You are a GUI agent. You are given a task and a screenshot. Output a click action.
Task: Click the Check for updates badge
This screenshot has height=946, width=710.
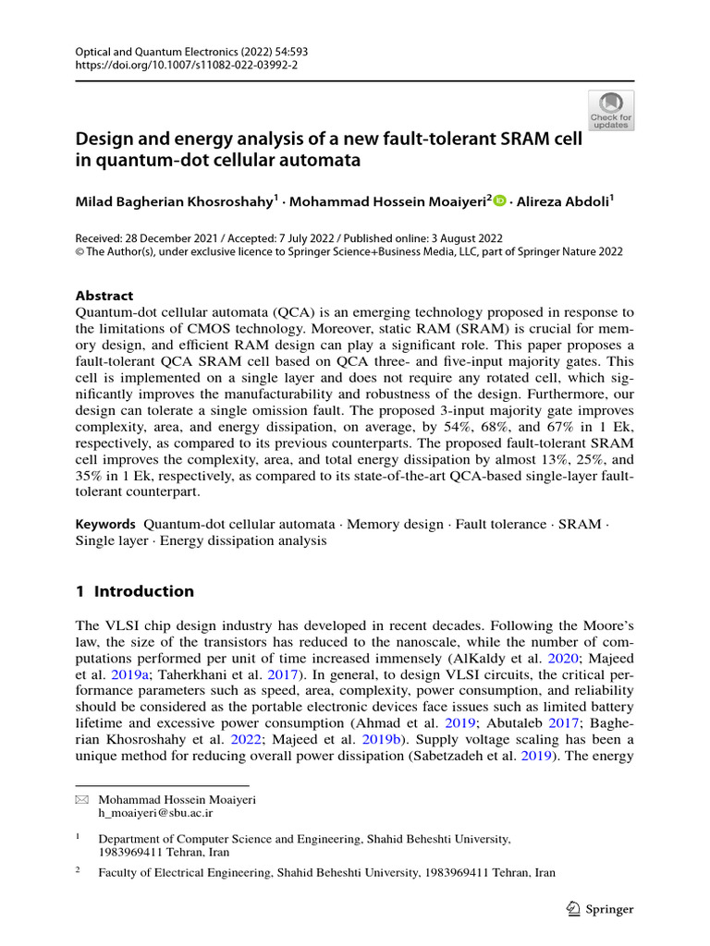pyautogui.click(x=611, y=111)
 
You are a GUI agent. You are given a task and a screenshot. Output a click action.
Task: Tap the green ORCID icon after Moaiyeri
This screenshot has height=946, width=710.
pyautogui.click(x=500, y=200)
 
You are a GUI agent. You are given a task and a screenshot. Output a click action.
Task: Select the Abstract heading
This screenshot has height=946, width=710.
pyautogui.click(x=104, y=296)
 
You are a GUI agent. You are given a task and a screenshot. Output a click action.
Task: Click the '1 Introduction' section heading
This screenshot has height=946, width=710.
pyautogui.click(x=135, y=591)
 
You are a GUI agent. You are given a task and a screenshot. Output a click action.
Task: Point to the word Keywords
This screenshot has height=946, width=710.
pyautogui.click(x=105, y=524)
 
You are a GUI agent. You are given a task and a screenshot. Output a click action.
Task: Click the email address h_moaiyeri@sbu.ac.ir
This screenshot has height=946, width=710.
pyautogui.click(x=155, y=813)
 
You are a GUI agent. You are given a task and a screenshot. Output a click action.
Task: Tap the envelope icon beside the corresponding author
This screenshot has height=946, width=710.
pyautogui.click(x=80, y=798)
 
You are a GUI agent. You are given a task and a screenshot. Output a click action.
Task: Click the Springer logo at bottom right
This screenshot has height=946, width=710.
pyautogui.click(x=599, y=909)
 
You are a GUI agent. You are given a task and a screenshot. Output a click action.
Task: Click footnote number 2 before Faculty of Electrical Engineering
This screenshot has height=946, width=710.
pyautogui.click(x=79, y=871)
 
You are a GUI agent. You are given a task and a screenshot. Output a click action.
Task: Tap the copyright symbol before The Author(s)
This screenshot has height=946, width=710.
pyautogui.click(x=80, y=251)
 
